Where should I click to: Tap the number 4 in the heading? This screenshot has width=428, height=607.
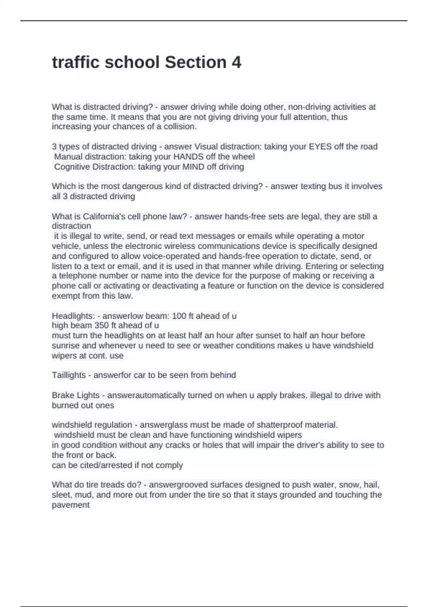pyautogui.click(x=236, y=62)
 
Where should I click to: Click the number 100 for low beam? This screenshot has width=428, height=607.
pyautogui.click(x=179, y=316)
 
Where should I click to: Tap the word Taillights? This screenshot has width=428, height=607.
pyautogui.click(x=69, y=375)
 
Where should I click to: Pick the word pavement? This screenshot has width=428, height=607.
pyautogui.click(x=71, y=505)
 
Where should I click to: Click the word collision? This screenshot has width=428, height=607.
pyautogui.click(x=180, y=127)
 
